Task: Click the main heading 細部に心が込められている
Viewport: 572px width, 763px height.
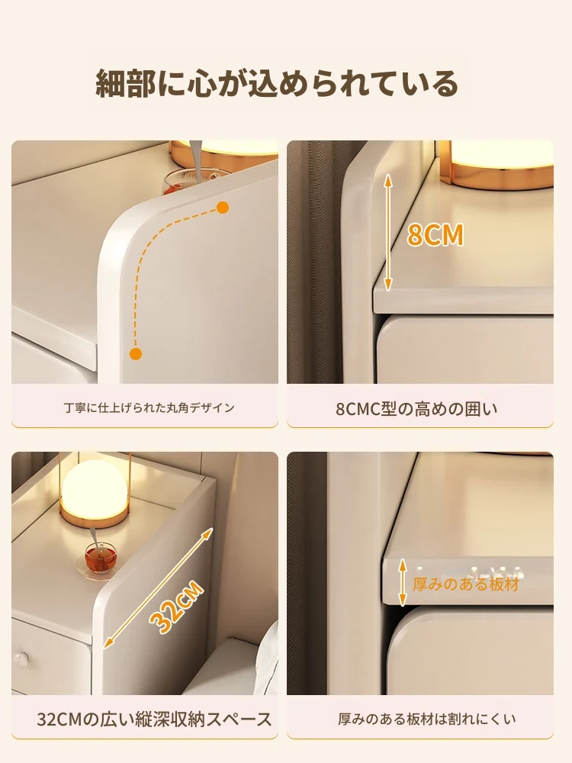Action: click(x=277, y=83)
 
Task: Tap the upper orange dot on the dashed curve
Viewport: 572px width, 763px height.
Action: click(x=222, y=208)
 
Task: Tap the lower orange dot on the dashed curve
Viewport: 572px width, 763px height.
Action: click(x=137, y=354)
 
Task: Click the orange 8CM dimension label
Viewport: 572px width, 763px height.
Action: click(x=435, y=234)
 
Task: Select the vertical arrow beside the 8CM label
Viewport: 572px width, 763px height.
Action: click(x=387, y=233)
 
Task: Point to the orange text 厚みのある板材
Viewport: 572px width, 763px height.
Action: click(x=466, y=584)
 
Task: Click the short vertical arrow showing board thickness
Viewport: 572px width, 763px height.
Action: click(x=402, y=582)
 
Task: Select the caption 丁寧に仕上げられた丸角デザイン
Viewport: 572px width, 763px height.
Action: click(x=149, y=407)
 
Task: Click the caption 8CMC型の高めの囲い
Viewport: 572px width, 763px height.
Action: click(x=417, y=409)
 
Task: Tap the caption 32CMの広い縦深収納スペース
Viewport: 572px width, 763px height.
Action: click(x=154, y=720)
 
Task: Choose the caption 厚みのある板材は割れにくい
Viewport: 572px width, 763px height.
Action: click(x=426, y=719)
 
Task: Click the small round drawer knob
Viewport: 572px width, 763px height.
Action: click(x=21, y=658)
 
